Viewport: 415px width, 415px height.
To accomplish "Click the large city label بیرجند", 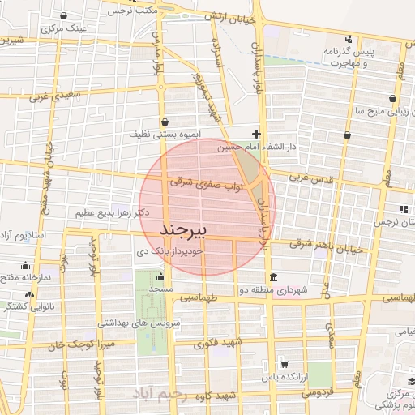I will pyautogui.click(x=186, y=229).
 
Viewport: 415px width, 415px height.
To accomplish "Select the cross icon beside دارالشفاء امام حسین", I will pyautogui.click(x=256, y=134).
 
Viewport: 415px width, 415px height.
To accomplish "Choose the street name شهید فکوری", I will pyautogui.click(x=219, y=343).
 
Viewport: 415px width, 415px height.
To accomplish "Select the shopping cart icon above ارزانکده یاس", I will pyautogui.click(x=282, y=365).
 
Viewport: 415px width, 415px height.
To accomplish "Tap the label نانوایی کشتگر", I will pyautogui.click(x=16, y=306).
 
